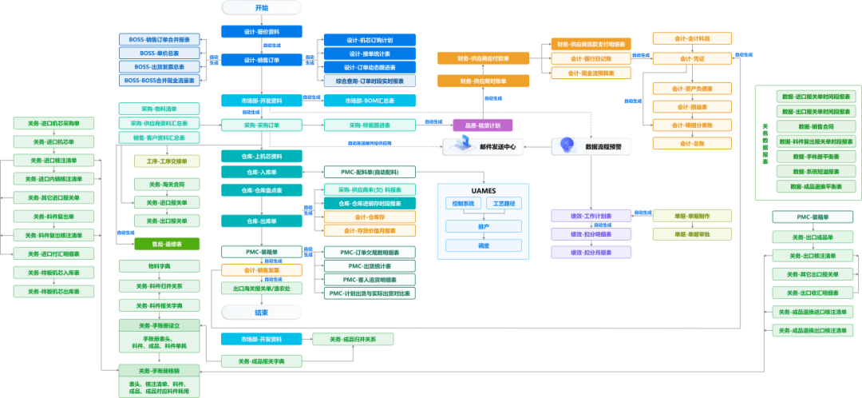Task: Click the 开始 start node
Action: (261, 8)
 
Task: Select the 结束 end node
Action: (261, 312)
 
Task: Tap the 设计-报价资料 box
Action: (262, 32)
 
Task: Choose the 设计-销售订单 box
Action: (262, 60)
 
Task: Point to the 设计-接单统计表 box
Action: (370, 54)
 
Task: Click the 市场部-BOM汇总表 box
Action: (370, 101)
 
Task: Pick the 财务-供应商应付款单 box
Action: (483, 58)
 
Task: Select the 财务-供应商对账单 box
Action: (483, 82)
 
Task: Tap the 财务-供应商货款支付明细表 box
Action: (591, 44)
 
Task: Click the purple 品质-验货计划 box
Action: (482, 125)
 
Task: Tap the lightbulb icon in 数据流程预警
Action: (567, 144)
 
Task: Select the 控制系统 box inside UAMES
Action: (462, 204)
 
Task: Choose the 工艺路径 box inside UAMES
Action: (504, 204)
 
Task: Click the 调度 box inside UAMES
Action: (484, 246)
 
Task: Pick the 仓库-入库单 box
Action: (262, 172)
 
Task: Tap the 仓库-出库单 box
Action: (262, 221)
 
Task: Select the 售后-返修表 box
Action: (167, 244)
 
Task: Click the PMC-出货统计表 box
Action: (370, 266)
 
